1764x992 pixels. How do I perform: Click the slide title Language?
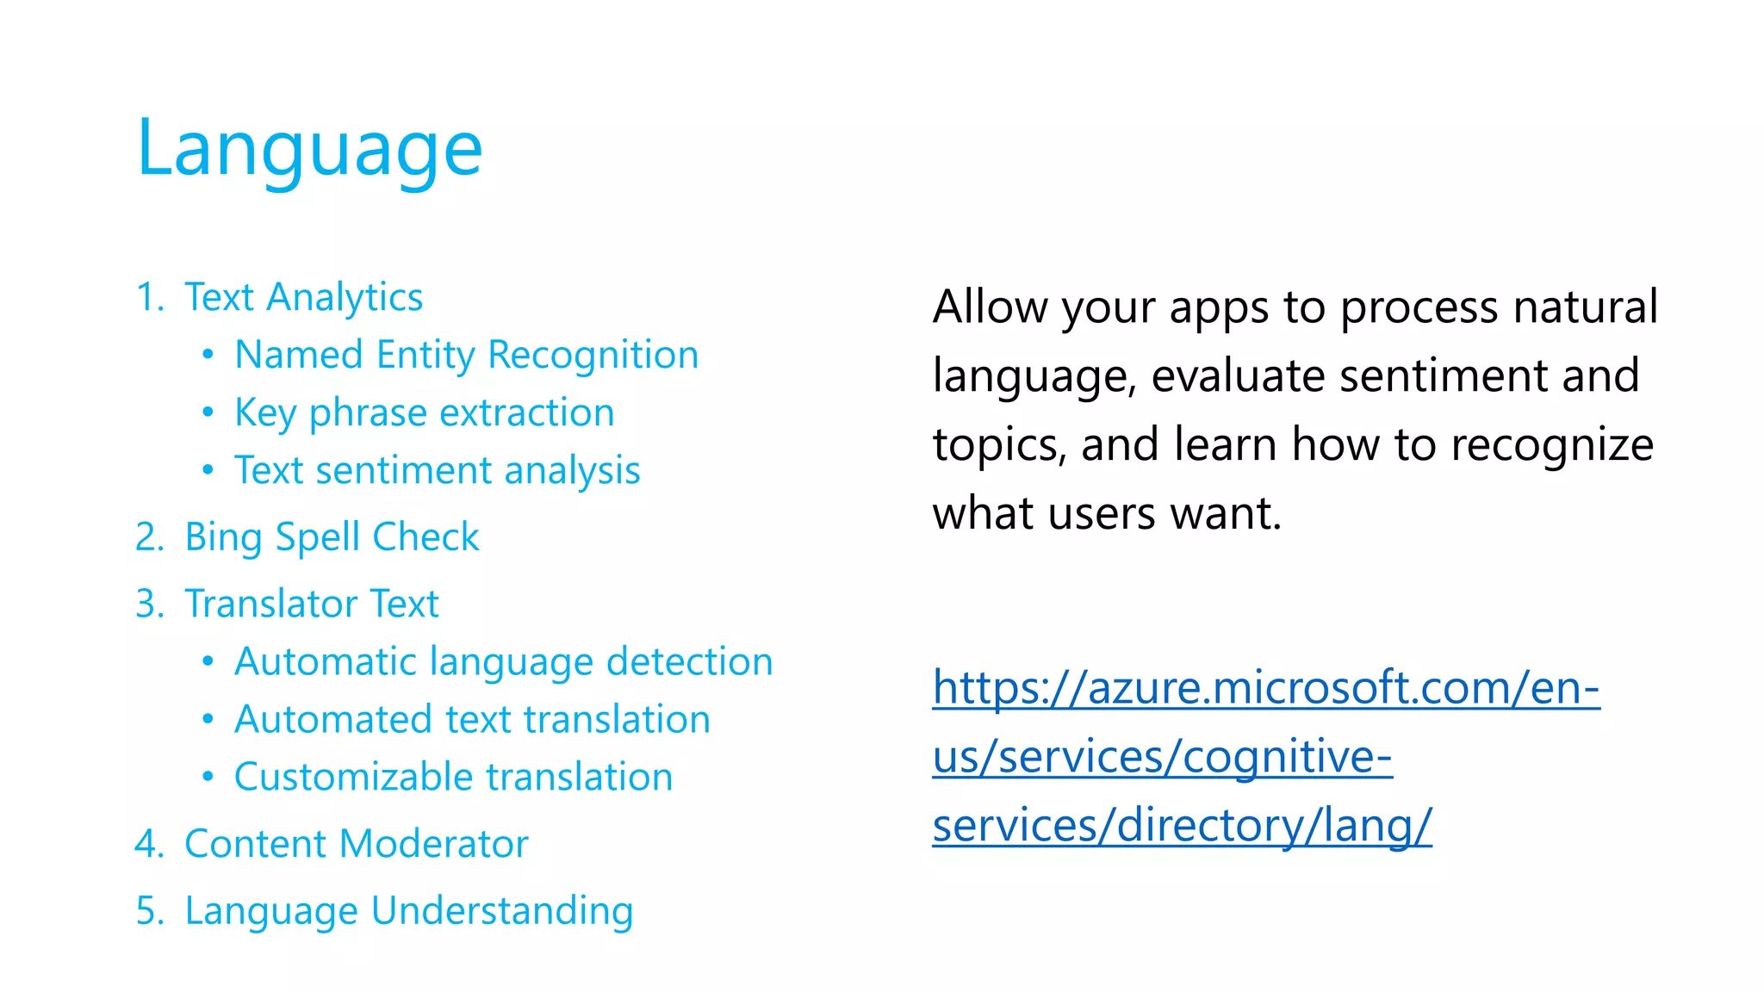coord(309,149)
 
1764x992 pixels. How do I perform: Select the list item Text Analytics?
coord(303,297)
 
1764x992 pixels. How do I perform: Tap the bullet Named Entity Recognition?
coord(466,355)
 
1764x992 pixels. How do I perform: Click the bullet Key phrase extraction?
coord(424,412)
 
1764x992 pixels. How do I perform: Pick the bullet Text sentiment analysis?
coord(437,470)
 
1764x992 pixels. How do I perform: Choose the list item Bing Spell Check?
coord(332,537)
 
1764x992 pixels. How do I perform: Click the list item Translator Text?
coord(311,604)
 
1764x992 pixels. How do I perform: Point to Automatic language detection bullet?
coord(503,661)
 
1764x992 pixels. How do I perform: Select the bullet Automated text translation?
coord(472,719)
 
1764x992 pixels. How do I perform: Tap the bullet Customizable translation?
coord(453,777)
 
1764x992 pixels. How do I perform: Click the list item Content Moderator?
coord(356,844)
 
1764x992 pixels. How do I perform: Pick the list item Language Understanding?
coord(408,911)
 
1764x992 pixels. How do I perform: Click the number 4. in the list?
coord(148,844)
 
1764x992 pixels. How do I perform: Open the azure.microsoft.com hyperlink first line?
coord(1265,688)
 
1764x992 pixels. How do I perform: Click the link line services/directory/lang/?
coord(1181,826)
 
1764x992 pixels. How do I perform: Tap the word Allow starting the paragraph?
coord(990,307)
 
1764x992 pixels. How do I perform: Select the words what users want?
coord(1107,514)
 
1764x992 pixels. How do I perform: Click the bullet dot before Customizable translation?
coord(208,777)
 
